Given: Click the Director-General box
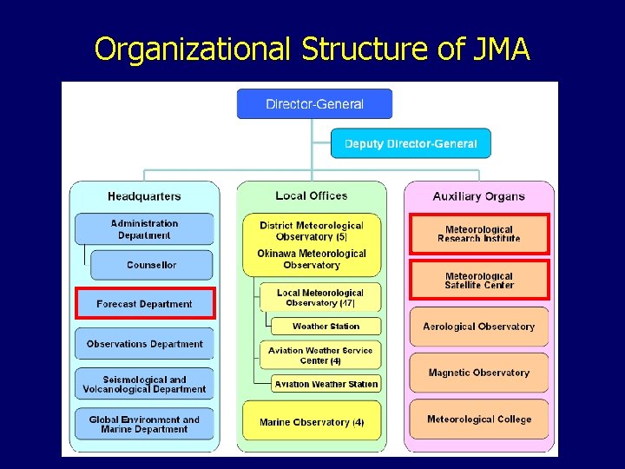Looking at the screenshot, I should [x=314, y=104].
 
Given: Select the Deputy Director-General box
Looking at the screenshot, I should [x=411, y=143].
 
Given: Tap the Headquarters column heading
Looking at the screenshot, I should [x=144, y=197].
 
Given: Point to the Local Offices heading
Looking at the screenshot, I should [x=311, y=196].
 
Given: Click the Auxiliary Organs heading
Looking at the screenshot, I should [x=478, y=197].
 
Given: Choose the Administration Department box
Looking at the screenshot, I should [x=144, y=229].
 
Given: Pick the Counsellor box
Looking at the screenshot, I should [x=151, y=265].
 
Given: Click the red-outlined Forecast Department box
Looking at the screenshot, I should [x=145, y=304].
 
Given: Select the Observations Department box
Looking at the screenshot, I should [x=144, y=344].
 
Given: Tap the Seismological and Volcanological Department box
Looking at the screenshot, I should [x=144, y=385].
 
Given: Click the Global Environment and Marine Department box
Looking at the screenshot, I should [x=144, y=425].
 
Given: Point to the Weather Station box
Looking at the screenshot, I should [x=326, y=327].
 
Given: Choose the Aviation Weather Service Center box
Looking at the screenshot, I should [x=320, y=355].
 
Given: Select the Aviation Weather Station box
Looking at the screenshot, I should [x=326, y=384].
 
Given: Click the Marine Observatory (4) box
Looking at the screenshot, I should [x=312, y=422].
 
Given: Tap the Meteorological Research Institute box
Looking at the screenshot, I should [x=479, y=234].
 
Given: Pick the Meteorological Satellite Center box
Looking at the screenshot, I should [x=479, y=281].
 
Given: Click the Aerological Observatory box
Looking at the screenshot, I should [x=479, y=327].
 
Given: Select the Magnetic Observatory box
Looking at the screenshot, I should [x=479, y=373].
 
